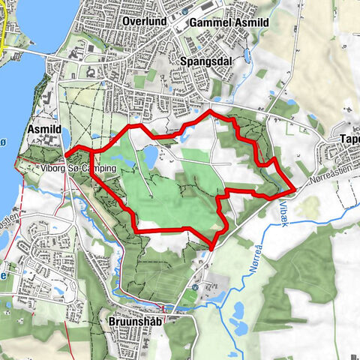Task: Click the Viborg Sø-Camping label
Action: tap(78, 169)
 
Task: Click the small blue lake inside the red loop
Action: tap(150, 156)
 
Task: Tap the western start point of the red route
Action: tap(67, 155)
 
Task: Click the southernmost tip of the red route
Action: tap(211, 247)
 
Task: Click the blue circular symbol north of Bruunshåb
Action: tap(194, 287)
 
